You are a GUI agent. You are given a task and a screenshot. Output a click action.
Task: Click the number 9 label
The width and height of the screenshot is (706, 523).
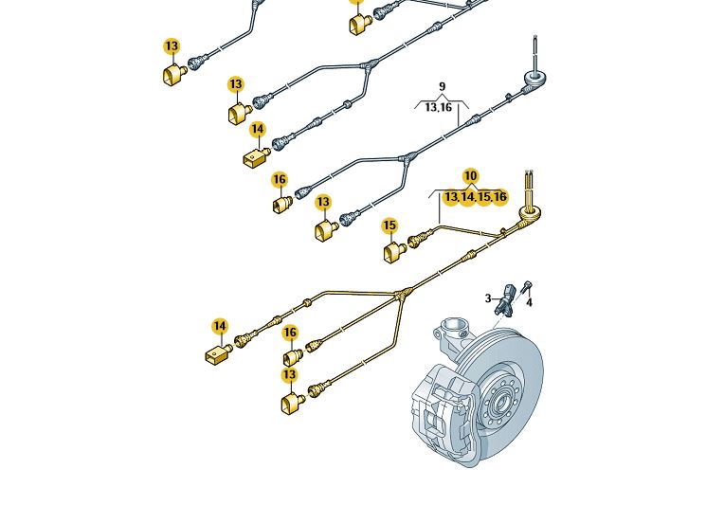[442, 87]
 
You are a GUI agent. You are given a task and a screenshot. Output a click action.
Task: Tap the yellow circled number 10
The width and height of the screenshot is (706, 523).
[471, 176]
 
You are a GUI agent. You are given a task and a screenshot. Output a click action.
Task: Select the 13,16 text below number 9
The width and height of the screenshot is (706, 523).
[438, 108]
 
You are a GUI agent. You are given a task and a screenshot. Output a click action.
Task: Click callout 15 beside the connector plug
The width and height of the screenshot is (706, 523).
[389, 225]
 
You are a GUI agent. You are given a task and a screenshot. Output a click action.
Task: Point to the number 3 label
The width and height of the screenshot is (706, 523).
[489, 298]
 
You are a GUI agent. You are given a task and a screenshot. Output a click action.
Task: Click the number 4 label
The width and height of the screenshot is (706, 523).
[529, 302]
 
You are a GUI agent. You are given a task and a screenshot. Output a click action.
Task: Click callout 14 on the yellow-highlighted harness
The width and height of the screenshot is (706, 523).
[220, 326]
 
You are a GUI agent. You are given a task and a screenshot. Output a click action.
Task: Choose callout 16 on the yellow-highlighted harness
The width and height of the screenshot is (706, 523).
[290, 333]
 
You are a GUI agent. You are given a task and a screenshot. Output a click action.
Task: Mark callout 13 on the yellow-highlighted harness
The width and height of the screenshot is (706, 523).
[289, 376]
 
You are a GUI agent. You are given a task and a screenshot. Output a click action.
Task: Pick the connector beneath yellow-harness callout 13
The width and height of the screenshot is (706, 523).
[291, 404]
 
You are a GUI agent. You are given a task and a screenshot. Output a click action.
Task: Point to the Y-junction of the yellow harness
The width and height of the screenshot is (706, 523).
[404, 294]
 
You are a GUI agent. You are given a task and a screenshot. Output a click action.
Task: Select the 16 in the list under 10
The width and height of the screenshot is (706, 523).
[499, 197]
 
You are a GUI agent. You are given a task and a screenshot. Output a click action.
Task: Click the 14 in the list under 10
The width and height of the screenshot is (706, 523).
[467, 197]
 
